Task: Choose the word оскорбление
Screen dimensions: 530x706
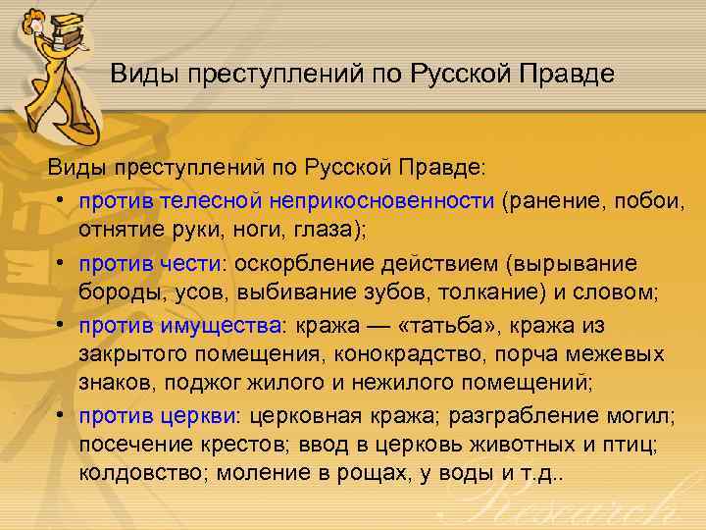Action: pos(311,264)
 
